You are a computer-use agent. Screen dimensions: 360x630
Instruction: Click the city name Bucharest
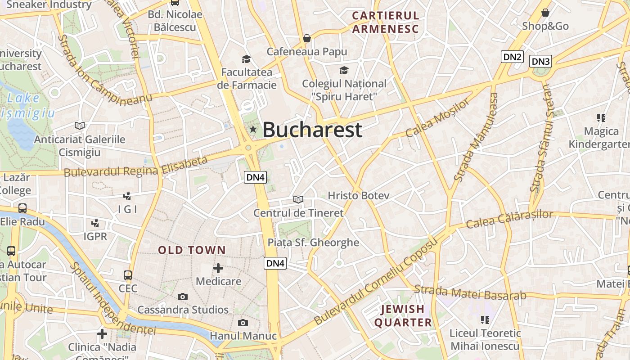(x=312, y=130)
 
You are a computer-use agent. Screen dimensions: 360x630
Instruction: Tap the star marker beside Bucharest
(x=253, y=130)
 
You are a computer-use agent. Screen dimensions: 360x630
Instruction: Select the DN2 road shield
(x=512, y=57)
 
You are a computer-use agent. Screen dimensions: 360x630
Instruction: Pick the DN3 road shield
(x=540, y=62)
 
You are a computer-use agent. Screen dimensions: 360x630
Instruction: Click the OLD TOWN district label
(x=192, y=250)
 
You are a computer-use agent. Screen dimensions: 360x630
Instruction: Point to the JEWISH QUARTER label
(x=403, y=316)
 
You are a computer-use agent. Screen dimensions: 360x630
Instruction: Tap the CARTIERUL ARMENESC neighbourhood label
(x=385, y=22)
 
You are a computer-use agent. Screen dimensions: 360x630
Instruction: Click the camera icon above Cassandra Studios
(x=182, y=297)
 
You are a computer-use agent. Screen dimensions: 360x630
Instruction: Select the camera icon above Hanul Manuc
(x=243, y=323)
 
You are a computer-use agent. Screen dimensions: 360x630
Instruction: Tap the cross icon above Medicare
(x=218, y=268)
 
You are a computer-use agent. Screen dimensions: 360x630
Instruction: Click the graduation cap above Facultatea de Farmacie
(x=246, y=59)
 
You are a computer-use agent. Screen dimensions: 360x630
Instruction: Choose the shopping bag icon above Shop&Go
(x=545, y=13)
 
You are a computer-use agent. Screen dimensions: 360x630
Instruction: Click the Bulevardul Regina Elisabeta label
(x=135, y=167)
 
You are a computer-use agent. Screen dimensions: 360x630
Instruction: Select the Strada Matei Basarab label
(x=470, y=292)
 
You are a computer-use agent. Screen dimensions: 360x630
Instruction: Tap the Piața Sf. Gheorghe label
(x=313, y=243)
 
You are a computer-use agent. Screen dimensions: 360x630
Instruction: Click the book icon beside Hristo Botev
(x=298, y=199)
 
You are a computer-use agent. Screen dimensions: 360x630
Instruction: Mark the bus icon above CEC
(x=128, y=275)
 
